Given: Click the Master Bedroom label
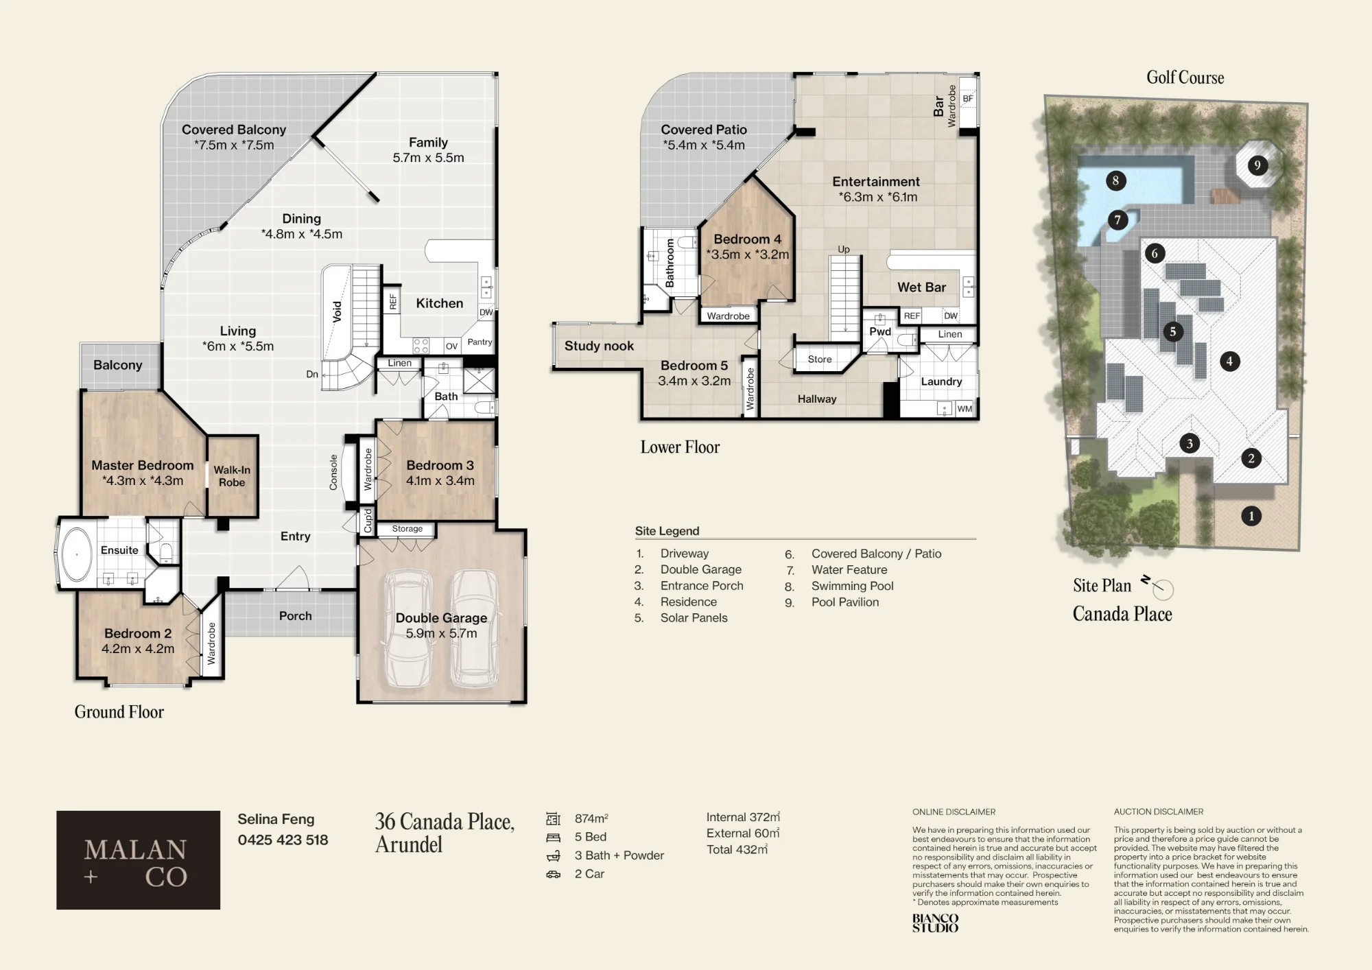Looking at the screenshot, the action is pyautogui.click(x=143, y=465).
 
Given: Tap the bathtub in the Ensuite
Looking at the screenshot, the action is pyautogui.click(x=77, y=554).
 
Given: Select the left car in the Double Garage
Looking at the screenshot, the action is pyautogui.click(x=409, y=628).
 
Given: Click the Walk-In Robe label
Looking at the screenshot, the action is pyautogui.click(x=232, y=476).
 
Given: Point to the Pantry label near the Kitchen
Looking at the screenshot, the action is pyautogui.click(x=480, y=342).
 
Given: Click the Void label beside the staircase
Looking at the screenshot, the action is pyautogui.click(x=337, y=311).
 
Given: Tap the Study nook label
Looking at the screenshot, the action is pyautogui.click(x=599, y=346).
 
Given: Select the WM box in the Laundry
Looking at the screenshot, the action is pyautogui.click(x=965, y=409).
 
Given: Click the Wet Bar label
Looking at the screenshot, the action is pyautogui.click(x=921, y=287).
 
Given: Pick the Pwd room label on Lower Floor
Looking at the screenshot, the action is pyautogui.click(x=880, y=331).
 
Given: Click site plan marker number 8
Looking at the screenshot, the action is pyautogui.click(x=1115, y=181).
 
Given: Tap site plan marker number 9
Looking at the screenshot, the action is pyautogui.click(x=1257, y=165).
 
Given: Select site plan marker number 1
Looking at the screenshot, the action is pyautogui.click(x=1251, y=516).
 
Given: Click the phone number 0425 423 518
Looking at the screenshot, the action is pyautogui.click(x=283, y=840).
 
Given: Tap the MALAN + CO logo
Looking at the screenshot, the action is pyautogui.click(x=138, y=860).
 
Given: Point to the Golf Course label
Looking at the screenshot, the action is pyautogui.click(x=1185, y=78).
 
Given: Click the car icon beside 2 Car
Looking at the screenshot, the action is pyautogui.click(x=554, y=875).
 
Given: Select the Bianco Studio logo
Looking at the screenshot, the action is pyautogui.click(x=935, y=923).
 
